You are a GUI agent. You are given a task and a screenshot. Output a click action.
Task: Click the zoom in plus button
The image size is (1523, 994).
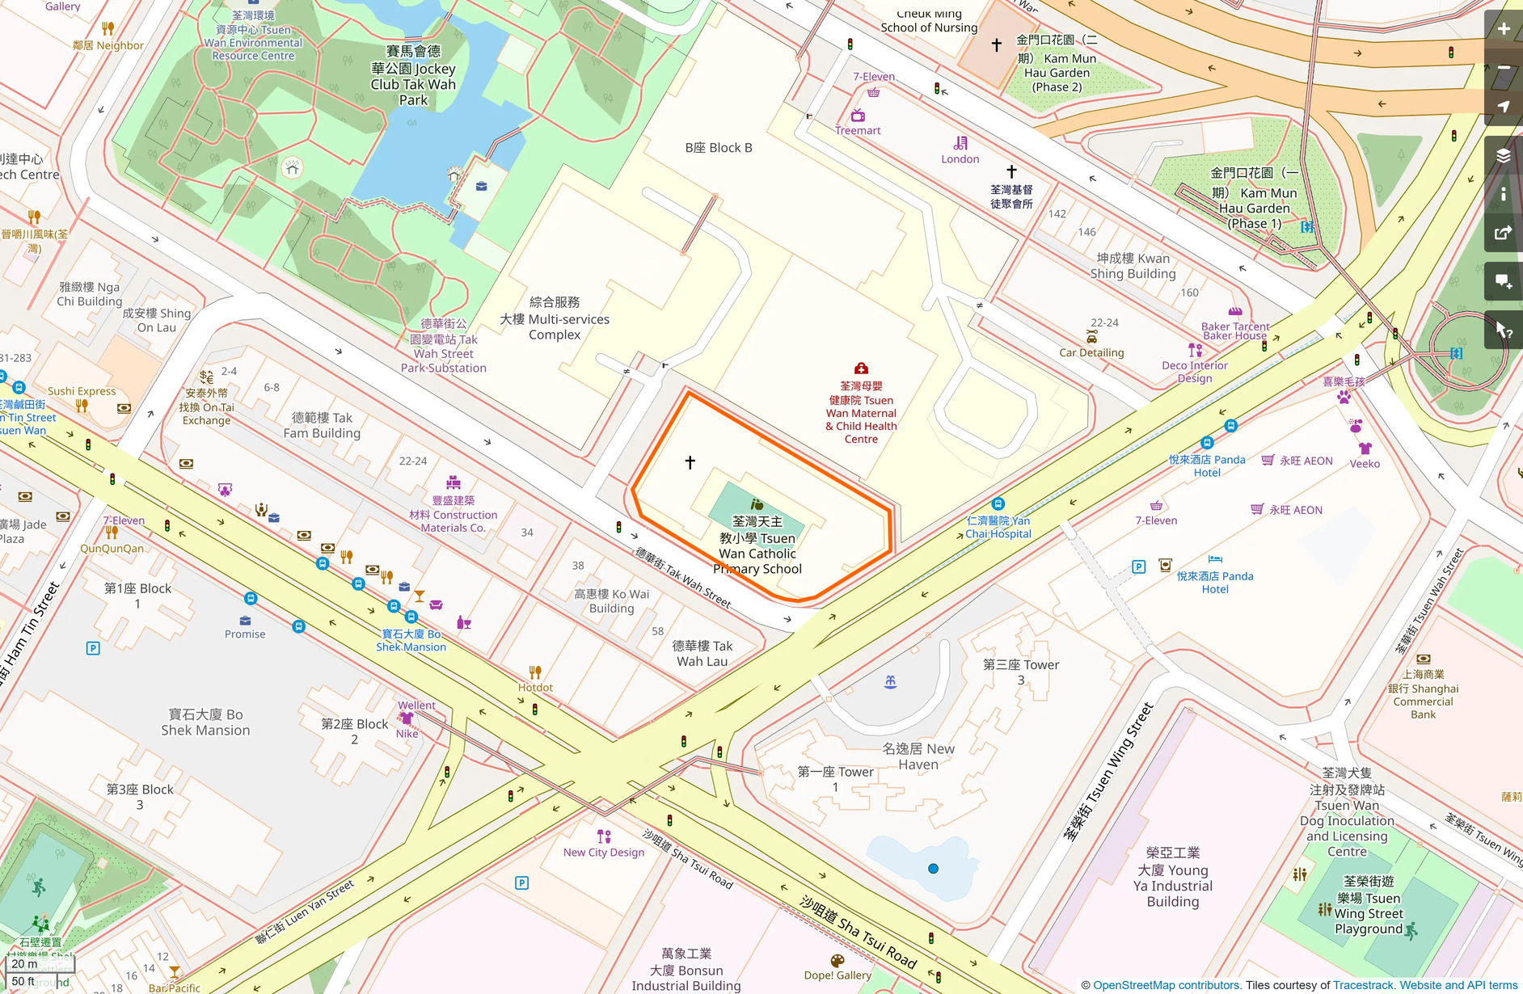pyautogui.click(x=1504, y=29)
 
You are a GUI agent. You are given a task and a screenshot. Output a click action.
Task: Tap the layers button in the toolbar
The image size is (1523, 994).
pyautogui.click(x=1504, y=156)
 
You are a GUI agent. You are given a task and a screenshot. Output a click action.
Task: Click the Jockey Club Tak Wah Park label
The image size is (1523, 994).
pyautogui.click(x=413, y=76)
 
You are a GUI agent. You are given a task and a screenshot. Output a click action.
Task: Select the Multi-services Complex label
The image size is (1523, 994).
pyautogui.click(x=555, y=318)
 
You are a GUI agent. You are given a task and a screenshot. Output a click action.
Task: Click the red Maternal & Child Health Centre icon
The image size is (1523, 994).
pyautogui.click(x=861, y=369)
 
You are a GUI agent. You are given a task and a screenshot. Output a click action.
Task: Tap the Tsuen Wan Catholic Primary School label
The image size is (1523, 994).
pyautogui.click(x=757, y=545)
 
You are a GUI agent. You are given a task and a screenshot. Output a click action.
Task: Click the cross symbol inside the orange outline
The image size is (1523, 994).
pyautogui.click(x=690, y=462)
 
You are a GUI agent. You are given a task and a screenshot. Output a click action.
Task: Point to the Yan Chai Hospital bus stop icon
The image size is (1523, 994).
pyautogui.click(x=998, y=503)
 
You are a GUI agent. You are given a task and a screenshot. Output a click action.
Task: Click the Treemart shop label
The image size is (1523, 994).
pyautogui.click(x=858, y=130)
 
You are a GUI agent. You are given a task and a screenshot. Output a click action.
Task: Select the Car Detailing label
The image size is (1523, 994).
pyautogui.click(x=1091, y=352)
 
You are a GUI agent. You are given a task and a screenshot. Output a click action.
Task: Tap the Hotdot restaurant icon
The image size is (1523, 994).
pyautogui.click(x=535, y=672)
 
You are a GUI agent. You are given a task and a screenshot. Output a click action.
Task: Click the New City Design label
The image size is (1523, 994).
pyautogui.click(x=604, y=852)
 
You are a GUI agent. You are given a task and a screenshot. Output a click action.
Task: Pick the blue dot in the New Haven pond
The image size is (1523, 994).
pyautogui.click(x=933, y=869)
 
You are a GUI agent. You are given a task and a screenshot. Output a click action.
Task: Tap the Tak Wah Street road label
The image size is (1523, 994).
pyautogui.click(x=682, y=577)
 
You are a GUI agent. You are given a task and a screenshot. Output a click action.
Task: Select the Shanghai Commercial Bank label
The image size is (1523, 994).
pyautogui.click(x=1423, y=695)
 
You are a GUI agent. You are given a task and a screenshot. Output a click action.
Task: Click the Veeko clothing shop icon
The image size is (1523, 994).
pyautogui.click(x=1365, y=449)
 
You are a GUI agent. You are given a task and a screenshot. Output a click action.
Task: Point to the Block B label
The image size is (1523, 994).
pyautogui.click(x=719, y=148)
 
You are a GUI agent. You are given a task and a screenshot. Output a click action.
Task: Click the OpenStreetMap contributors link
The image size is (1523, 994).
pyautogui.click(x=1166, y=985)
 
